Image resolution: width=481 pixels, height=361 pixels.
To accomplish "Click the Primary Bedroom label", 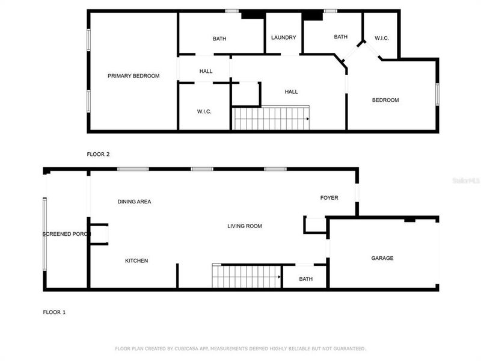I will point(133,76).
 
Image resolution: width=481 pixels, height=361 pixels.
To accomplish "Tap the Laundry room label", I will point(283,37).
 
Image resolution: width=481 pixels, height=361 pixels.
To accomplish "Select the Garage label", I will point(382,258).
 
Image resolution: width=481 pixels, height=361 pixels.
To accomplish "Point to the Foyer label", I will point(329,198).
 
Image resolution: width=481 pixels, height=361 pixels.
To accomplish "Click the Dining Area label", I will point(134,202).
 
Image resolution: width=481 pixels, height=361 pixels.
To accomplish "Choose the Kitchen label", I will point(136,261).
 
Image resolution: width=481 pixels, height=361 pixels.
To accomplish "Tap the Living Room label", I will point(245,226).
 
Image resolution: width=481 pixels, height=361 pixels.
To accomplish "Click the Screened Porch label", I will point(66,234).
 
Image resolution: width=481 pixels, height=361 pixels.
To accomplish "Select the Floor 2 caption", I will point(99,155).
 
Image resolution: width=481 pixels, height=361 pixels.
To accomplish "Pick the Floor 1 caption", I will point(54,312).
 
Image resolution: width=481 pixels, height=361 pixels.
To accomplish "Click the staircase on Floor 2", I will point(271,119).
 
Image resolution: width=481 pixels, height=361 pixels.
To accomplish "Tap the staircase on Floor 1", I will point(247,277).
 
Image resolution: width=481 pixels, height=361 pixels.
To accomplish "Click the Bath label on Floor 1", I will point(306,279).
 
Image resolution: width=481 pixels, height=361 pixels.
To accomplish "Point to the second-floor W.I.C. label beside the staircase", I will point(204,111).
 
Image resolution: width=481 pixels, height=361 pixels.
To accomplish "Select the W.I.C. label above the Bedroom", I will point(382,38).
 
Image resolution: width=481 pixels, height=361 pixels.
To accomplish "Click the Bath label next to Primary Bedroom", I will point(219,39).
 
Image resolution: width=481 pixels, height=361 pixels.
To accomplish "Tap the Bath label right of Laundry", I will point(341,37).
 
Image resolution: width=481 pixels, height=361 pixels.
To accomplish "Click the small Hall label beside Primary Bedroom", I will point(206,72).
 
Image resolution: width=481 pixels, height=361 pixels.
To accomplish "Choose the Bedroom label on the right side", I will point(385,100).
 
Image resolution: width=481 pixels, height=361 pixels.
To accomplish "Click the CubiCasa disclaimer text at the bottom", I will point(240,348).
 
